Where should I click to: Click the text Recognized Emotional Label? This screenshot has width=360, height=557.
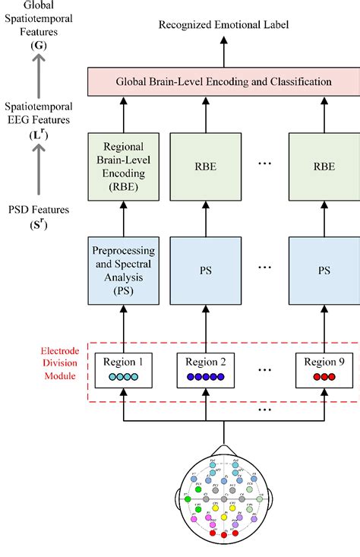(223, 25)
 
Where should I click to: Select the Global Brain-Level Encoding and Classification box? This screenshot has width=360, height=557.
(223, 81)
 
